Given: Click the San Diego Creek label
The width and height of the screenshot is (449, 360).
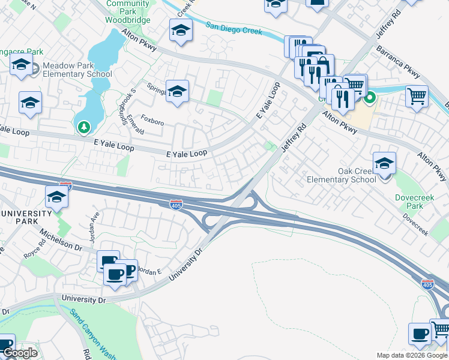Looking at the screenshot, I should coord(234,28).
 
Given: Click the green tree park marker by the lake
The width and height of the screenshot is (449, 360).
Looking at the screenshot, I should coord(83,127).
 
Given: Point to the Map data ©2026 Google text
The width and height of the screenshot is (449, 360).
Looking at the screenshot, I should coord(412,355).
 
